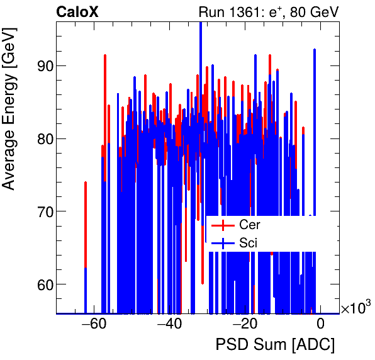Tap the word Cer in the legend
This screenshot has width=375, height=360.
click(249, 225)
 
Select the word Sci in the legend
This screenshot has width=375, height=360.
click(247, 242)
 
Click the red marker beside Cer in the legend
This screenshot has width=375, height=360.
click(222, 225)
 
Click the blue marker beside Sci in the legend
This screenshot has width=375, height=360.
click(222, 242)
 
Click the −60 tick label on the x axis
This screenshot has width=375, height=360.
click(94, 325)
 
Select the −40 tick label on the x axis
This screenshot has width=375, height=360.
click(169, 325)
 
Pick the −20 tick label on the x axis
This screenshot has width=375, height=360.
click(245, 325)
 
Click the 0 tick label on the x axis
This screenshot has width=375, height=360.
click(320, 325)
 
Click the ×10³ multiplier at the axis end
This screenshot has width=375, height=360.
click(355, 308)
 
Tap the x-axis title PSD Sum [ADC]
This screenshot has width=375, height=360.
click(275, 346)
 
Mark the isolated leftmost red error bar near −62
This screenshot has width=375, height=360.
click(86, 214)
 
